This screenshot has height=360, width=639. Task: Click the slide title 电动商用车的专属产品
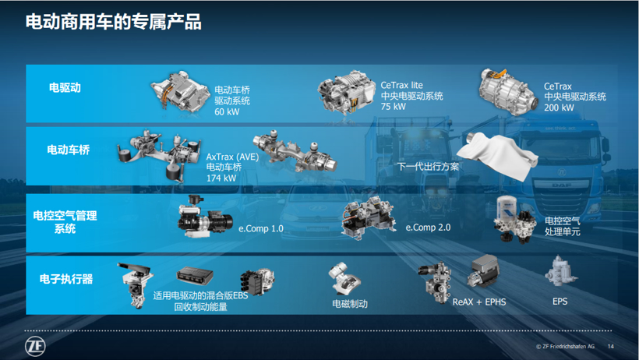tap(114, 23)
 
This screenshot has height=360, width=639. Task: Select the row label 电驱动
tap(65, 88)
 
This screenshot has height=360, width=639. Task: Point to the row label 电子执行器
tap(65, 278)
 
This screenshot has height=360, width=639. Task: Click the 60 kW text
tap(227, 111)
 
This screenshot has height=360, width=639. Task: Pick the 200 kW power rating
tap(559, 108)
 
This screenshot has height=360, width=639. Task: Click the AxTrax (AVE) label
tap(232, 155)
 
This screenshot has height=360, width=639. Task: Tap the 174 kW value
tap(221, 178)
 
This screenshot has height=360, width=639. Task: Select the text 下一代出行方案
tap(428, 166)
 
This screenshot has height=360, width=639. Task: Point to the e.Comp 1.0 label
tap(260, 228)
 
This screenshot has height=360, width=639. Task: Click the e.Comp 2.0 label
tap(428, 228)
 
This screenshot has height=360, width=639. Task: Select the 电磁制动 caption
tap(349, 304)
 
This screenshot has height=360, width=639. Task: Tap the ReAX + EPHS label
tap(478, 301)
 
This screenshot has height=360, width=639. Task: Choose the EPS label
tap(560, 301)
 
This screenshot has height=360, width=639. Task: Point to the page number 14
tap(610, 346)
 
